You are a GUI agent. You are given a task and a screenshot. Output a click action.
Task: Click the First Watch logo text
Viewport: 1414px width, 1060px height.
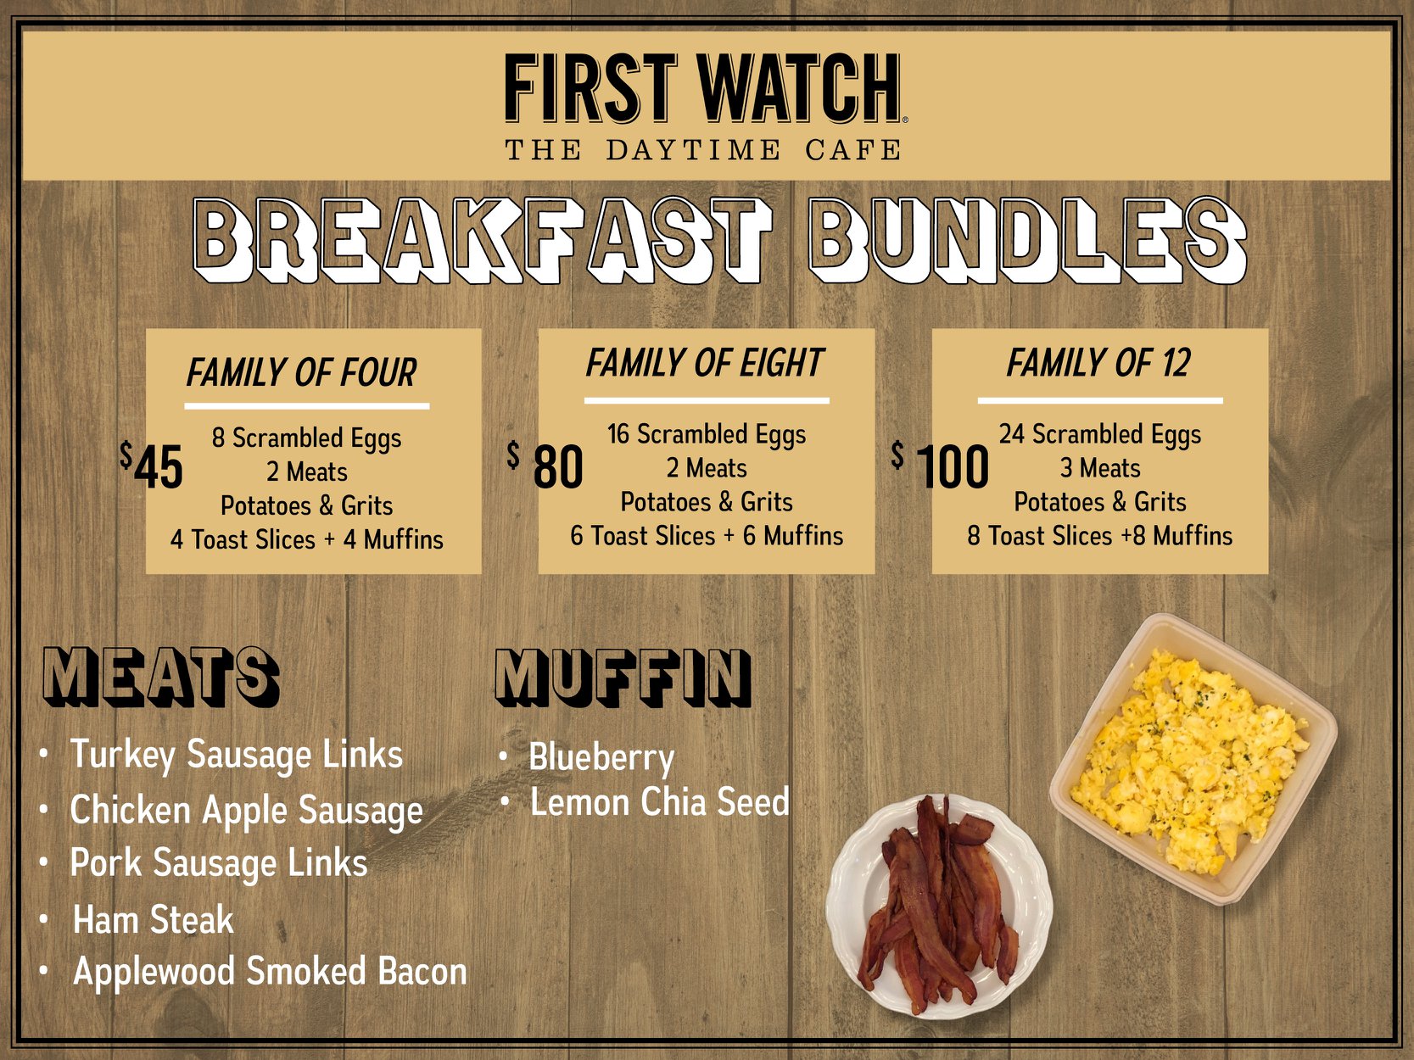[x=706, y=88]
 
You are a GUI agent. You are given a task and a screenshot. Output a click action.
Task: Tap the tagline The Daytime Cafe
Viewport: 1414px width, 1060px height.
[x=703, y=150]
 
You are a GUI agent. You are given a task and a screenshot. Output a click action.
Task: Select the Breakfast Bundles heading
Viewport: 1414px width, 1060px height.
[x=719, y=240]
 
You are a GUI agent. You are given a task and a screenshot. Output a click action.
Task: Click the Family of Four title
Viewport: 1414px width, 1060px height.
[x=301, y=372]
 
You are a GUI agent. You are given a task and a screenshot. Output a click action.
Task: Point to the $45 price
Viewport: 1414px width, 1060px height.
[x=151, y=465]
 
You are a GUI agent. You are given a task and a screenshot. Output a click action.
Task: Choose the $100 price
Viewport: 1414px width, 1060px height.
[x=940, y=465]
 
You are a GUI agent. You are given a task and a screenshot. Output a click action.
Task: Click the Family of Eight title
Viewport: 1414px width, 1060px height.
[x=705, y=363]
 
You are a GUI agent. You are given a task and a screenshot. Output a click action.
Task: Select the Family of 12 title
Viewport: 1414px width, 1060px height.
[x=1099, y=363]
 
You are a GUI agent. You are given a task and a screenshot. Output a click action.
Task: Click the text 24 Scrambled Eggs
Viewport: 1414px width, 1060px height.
[x=1100, y=435]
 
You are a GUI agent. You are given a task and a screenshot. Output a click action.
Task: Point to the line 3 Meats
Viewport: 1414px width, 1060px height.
[x=1100, y=468]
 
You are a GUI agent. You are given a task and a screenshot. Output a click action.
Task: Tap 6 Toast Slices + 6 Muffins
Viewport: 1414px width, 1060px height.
[x=707, y=536]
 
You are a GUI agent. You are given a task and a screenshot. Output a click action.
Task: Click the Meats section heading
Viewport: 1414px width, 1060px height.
[x=161, y=677]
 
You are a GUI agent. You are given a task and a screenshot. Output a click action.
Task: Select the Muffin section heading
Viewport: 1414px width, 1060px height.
[x=623, y=677]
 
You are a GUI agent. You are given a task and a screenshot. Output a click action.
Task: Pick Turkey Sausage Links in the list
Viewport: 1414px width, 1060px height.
[x=237, y=755]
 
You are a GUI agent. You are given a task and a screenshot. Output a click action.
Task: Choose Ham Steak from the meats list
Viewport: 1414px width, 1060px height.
[x=154, y=919]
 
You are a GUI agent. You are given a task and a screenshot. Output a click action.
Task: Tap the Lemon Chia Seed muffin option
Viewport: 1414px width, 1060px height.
[x=659, y=801]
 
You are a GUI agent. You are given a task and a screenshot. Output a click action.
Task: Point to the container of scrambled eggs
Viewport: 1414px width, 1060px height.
[x=1193, y=759]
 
